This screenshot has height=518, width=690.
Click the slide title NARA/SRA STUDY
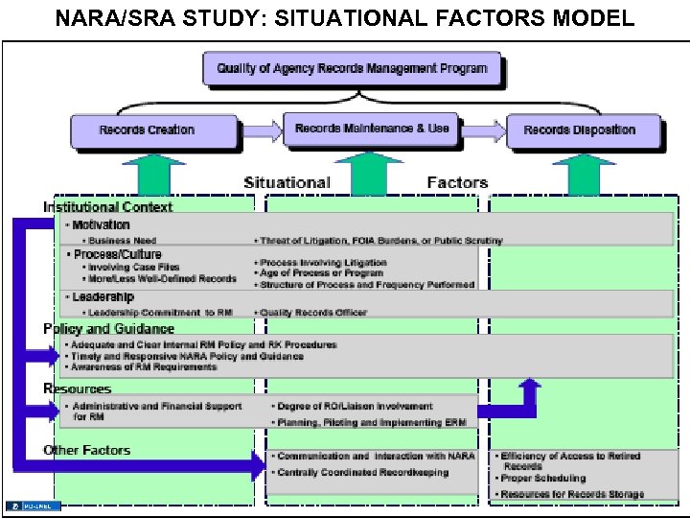[344, 18]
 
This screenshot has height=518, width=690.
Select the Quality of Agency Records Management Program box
[352, 68]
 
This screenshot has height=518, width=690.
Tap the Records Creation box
[153, 130]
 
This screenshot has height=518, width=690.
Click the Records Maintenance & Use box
[371, 129]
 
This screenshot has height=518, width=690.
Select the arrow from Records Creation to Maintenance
[260, 129]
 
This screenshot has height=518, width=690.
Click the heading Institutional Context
[107, 207]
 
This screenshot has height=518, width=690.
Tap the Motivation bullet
[101, 224]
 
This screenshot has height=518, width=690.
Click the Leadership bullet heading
[103, 296]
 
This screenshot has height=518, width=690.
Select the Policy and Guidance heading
[108, 329]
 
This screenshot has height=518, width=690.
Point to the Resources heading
[77, 389]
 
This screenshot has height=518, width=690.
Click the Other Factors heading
[86, 450]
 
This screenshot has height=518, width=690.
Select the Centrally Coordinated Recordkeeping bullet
[362, 473]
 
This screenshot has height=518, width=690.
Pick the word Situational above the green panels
[287, 182]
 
